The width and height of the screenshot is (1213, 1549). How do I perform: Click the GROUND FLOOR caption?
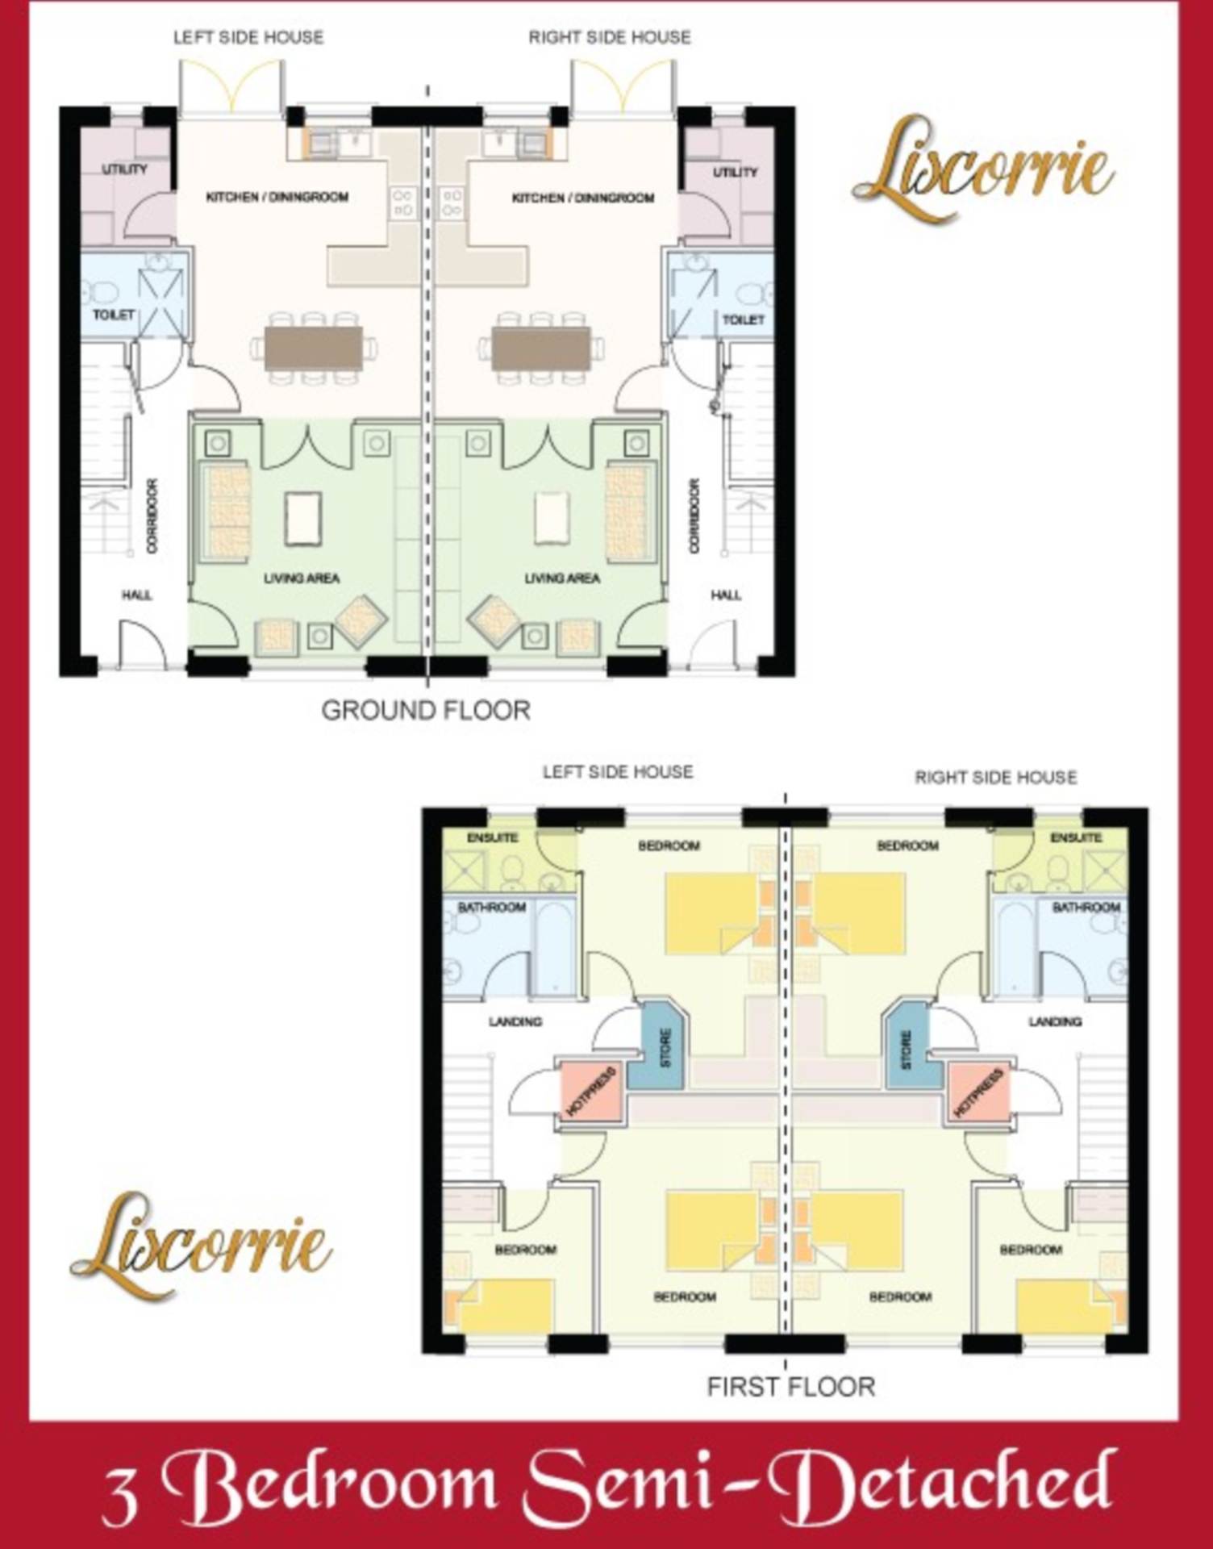(426, 711)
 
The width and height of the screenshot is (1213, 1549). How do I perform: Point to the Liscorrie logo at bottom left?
(201, 1246)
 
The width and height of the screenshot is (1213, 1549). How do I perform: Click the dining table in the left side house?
(314, 348)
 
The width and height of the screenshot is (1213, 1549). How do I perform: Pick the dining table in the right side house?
(540, 348)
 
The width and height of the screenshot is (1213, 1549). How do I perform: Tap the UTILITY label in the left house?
(125, 169)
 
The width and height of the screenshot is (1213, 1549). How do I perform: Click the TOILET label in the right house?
(743, 320)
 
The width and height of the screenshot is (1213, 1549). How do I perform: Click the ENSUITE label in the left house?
(492, 837)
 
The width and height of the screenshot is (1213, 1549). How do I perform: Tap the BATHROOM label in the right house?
(1086, 908)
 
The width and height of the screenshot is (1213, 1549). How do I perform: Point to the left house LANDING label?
(515, 1021)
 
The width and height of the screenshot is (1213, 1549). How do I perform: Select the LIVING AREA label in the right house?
(562, 578)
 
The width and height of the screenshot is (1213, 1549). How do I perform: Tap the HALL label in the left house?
(137, 595)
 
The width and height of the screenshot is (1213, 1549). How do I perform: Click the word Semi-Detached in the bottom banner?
(819, 1483)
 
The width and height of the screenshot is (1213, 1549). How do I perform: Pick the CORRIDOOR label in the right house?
(694, 516)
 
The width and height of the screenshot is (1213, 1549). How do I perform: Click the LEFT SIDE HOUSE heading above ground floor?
(248, 37)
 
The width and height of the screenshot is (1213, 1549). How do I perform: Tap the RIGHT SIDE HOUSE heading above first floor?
(996, 778)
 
